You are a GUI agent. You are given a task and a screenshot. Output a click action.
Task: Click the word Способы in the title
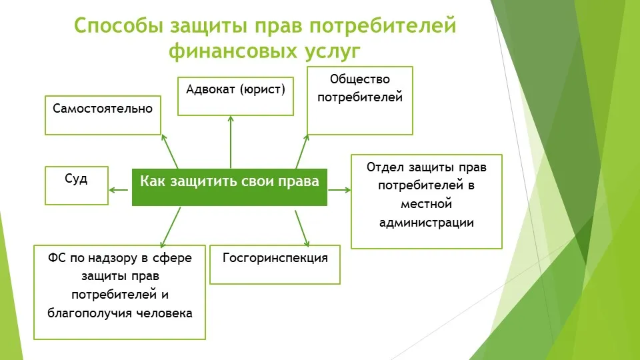119,27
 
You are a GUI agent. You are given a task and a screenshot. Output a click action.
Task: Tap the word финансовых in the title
233,51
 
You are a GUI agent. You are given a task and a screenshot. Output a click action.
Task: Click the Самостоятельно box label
103,108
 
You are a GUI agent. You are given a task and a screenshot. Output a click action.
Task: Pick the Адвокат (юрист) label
235,89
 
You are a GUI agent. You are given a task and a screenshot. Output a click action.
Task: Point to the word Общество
359,79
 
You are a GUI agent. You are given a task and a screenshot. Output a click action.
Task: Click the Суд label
76,179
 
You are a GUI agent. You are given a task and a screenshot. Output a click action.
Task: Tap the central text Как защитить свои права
229,181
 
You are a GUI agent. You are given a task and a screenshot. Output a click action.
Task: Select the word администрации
427,223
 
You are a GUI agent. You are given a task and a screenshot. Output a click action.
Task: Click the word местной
427,204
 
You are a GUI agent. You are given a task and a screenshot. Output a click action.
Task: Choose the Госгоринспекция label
275,258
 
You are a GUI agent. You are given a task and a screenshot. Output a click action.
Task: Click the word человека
164,313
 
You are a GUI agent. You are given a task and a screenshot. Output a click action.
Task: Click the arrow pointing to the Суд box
119,190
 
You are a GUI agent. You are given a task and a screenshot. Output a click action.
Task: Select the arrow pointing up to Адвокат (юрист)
231,142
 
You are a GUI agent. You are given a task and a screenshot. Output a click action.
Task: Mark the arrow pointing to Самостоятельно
170,151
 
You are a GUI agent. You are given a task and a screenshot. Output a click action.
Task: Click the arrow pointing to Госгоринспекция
302,229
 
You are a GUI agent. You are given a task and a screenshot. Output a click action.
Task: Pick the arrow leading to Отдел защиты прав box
339,190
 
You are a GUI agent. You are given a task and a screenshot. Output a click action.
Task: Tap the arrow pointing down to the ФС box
170,227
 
